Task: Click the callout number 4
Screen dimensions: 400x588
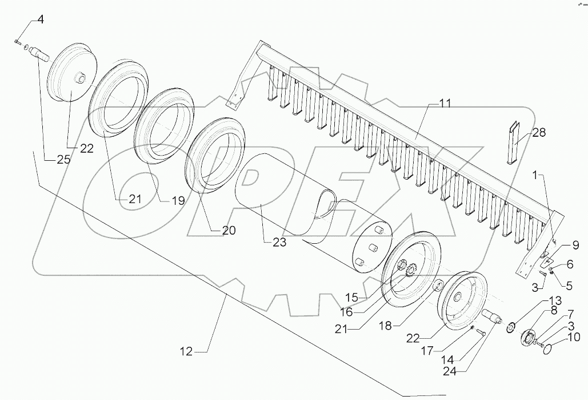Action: click(40, 20)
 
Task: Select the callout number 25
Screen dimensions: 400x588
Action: click(63, 160)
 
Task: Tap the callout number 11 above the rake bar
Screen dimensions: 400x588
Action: click(445, 104)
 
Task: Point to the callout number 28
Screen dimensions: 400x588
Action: click(538, 133)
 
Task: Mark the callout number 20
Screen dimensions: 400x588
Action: click(228, 231)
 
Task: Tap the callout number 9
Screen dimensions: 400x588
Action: click(575, 245)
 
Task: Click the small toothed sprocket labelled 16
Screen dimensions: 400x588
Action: click(410, 270)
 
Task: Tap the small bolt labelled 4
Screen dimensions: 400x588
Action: click(17, 42)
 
